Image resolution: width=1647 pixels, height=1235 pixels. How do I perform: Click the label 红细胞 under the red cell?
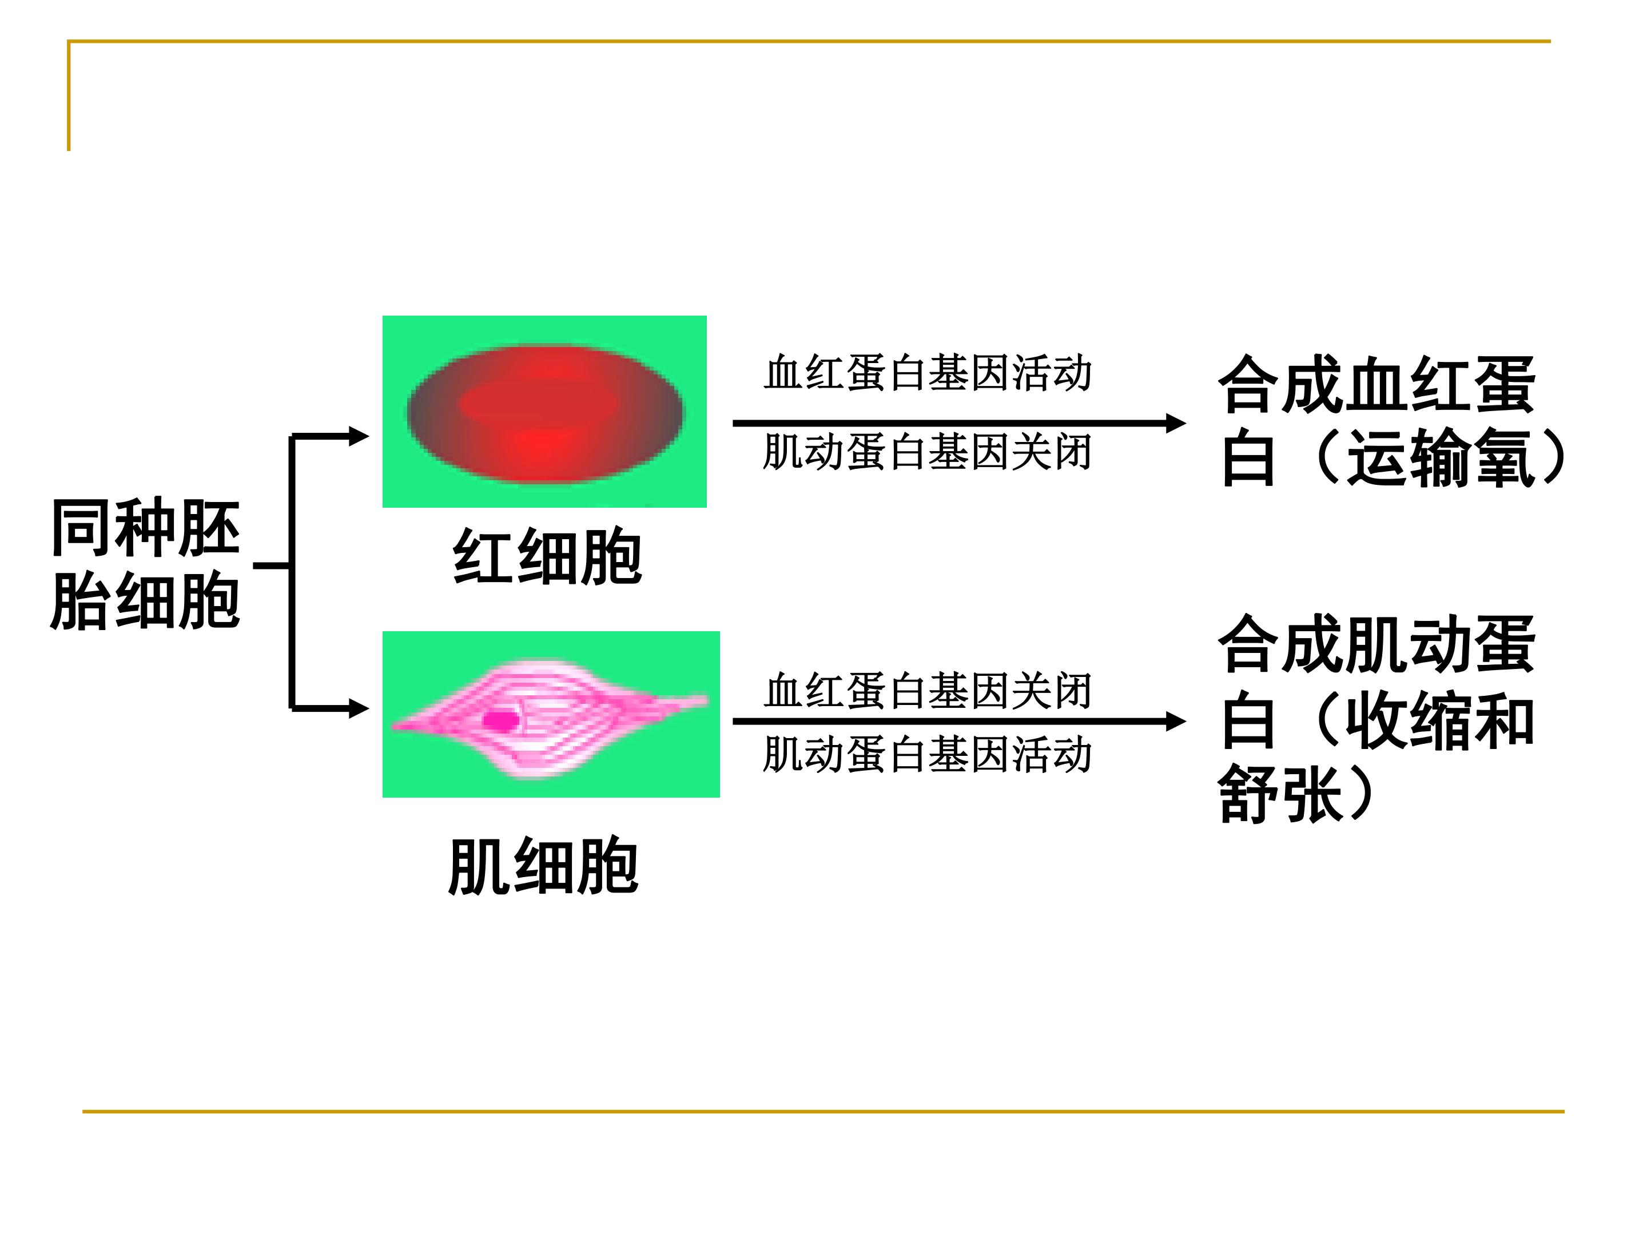547,557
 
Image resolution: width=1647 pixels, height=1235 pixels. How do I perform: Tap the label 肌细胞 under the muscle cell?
543,867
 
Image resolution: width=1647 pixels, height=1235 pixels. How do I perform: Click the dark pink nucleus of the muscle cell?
501,720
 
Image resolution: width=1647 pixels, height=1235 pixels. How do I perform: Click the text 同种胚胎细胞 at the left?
145,564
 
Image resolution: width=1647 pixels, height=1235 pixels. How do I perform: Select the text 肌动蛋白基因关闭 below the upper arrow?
928,452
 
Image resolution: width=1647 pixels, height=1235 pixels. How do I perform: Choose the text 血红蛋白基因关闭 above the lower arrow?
928,691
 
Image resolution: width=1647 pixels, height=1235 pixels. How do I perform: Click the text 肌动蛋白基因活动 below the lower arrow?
928,754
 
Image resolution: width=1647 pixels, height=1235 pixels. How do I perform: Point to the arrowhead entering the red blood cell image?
360,436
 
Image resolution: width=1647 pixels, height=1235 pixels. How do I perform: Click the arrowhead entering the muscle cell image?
360,708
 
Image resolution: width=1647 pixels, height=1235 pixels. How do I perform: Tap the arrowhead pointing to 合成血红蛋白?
1176,423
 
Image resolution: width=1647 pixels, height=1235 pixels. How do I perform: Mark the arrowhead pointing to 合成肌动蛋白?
1176,720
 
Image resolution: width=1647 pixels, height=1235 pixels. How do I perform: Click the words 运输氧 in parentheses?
1441,458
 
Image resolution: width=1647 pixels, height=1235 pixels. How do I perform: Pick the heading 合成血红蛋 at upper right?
1376,385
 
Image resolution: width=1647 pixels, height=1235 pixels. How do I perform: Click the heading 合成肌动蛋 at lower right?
1376,644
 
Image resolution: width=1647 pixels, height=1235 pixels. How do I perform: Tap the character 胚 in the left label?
209,528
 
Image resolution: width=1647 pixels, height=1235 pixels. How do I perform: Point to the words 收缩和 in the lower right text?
1441,720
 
